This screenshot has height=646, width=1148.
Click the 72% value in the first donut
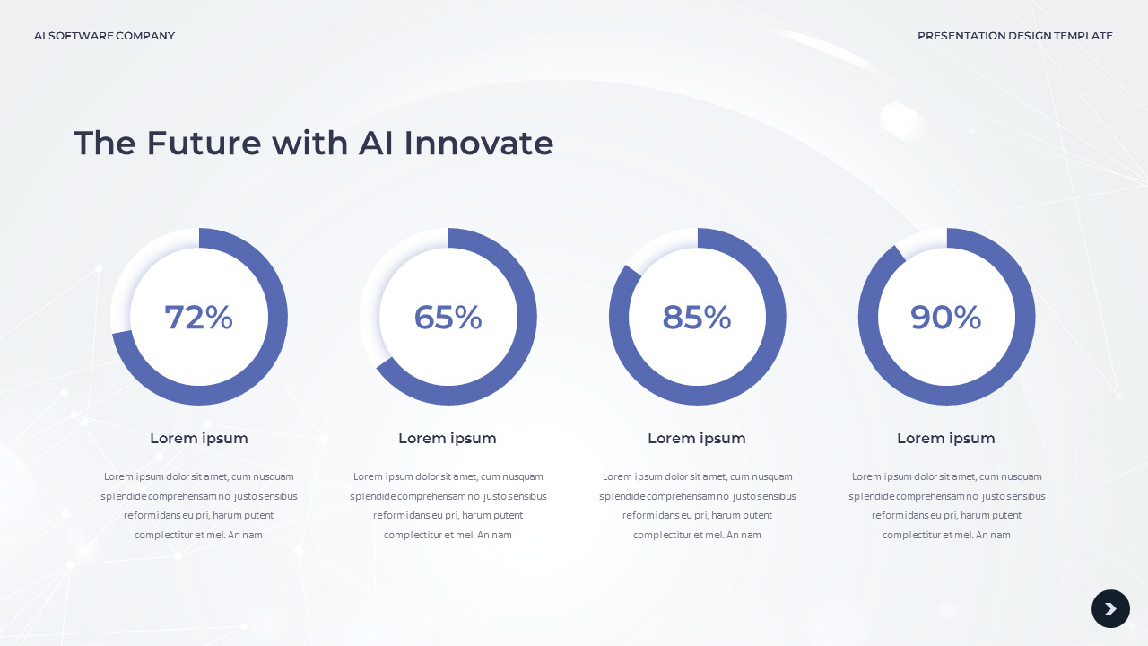click(x=198, y=318)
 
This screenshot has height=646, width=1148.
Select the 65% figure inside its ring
click(x=448, y=318)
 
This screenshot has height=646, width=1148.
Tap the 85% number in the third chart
click(x=697, y=318)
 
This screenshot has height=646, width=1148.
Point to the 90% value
click(x=946, y=318)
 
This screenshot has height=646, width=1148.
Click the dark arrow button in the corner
click(x=1110, y=609)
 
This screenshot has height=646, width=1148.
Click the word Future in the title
click(x=204, y=144)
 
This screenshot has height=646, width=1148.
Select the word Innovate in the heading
click(x=478, y=144)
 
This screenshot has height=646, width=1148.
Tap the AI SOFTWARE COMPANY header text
click(x=104, y=36)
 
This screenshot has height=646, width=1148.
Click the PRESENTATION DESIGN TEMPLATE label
click(x=1014, y=36)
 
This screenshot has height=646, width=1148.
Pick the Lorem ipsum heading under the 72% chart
click(x=198, y=439)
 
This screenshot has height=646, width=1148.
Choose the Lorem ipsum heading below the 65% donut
click(x=448, y=439)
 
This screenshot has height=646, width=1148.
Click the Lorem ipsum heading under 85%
click(x=697, y=439)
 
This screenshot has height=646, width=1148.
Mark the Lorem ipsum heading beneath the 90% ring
click(x=946, y=439)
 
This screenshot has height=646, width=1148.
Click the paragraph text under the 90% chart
click(x=946, y=506)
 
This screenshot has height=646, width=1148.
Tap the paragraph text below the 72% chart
click(x=198, y=506)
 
